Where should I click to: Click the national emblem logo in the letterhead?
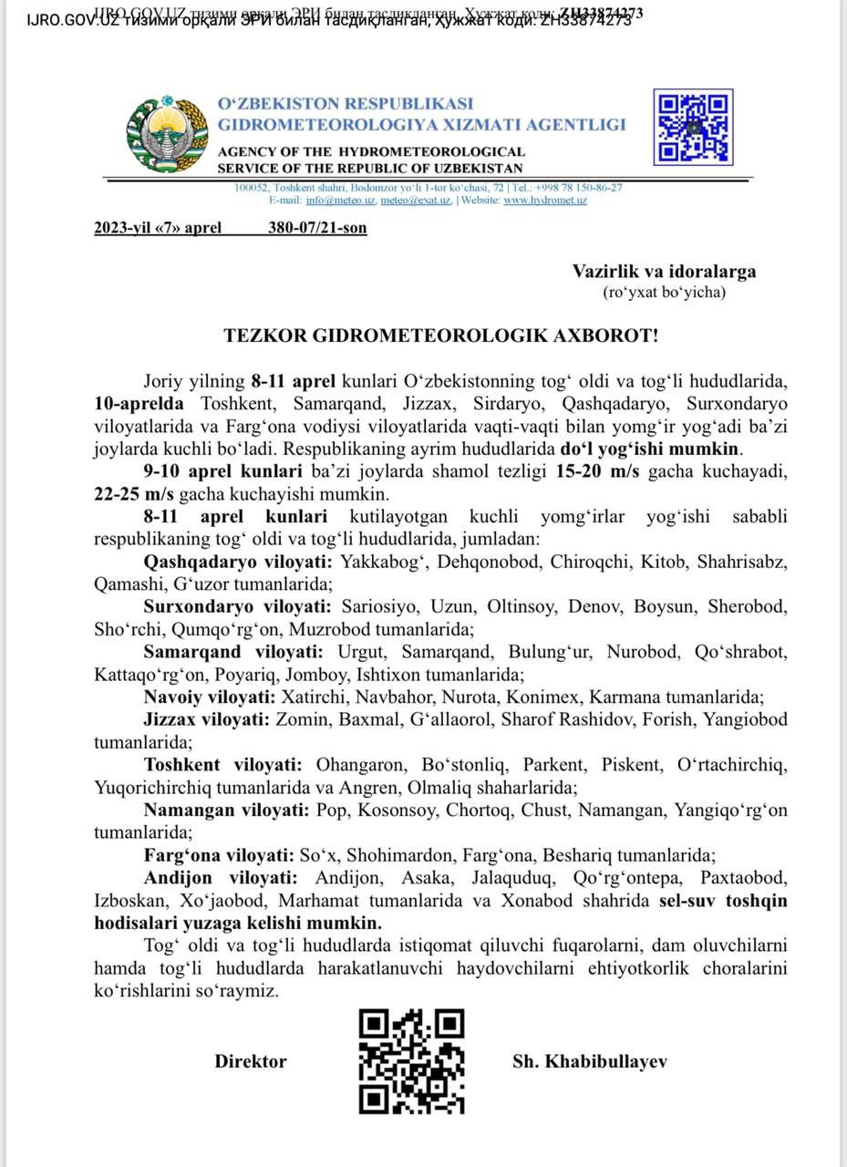[x=167, y=135]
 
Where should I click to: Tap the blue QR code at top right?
[x=693, y=127]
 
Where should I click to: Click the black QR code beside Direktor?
[x=411, y=1061]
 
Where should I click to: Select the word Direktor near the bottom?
[x=251, y=1061]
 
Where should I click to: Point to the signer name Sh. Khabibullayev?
[x=589, y=1061]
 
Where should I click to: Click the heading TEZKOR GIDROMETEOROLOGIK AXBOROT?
[x=441, y=336]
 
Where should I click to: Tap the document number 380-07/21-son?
[x=317, y=228]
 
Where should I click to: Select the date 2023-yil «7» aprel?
[x=158, y=228]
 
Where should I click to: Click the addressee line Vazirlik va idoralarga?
[x=664, y=271]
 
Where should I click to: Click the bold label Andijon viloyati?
[x=220, y=878]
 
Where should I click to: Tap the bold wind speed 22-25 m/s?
[x=135, y=494]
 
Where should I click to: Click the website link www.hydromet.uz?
[x=545, y=200]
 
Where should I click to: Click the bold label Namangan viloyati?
[x=227, y=811]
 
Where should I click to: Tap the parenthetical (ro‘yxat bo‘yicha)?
[x=664, y=293]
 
